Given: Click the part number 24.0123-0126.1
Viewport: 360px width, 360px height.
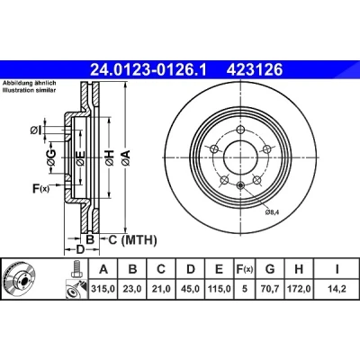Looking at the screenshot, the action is point(148,70).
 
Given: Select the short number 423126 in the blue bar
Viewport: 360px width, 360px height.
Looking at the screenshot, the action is point(255,70).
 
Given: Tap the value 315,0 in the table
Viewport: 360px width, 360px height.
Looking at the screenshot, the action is point(103,289).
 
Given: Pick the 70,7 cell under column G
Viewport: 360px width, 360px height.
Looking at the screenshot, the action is point(270,289).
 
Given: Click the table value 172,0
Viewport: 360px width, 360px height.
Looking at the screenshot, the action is point(299,289).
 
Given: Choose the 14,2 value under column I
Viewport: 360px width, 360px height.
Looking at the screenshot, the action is point(337,289).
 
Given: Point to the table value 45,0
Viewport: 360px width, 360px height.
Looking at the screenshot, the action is point(191,289).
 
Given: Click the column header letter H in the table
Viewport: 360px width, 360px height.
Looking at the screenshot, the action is point(299,269).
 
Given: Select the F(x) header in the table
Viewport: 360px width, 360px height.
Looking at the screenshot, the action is point(245,269).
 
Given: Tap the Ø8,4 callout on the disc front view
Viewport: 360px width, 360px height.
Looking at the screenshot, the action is point(273,212).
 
